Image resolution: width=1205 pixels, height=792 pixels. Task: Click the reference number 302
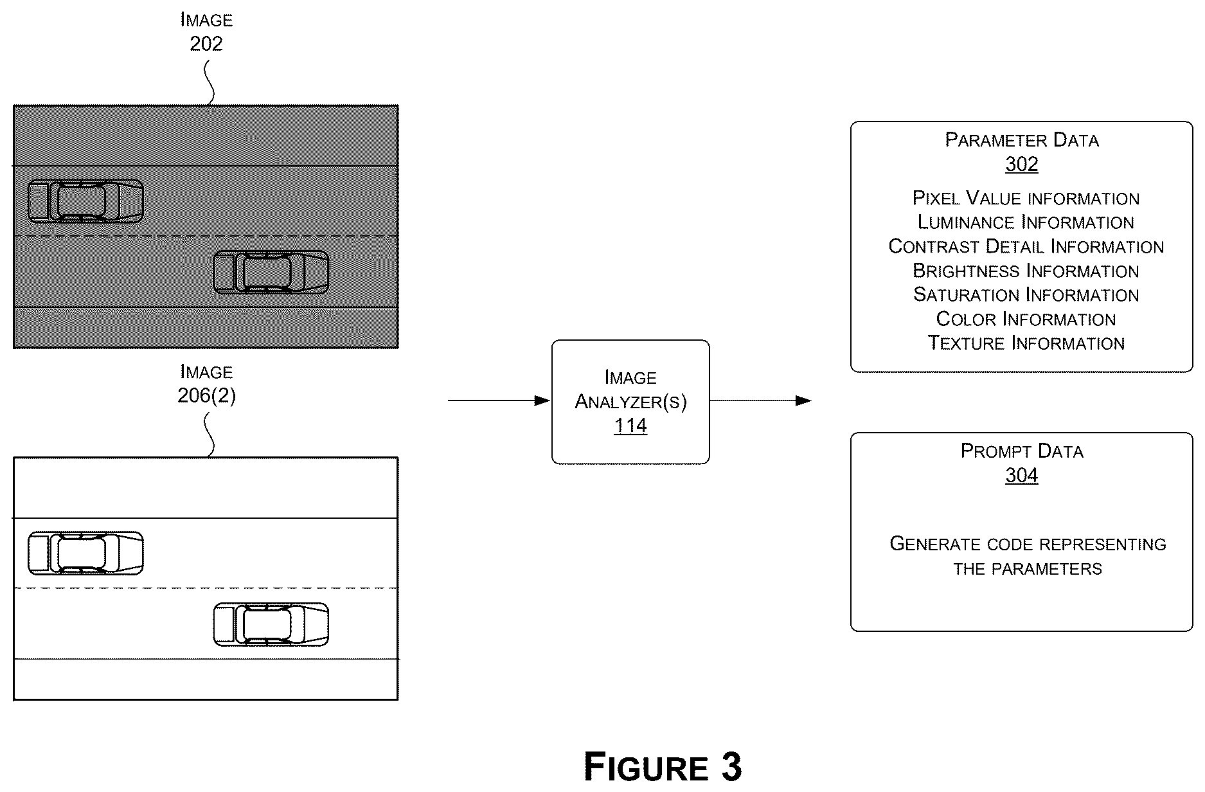tap(1021, 164)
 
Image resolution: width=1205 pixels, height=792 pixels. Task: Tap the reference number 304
tap(1021, 475)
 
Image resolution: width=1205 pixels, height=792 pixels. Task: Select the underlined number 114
tap(630, 426)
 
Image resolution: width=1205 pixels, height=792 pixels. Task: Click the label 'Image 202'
tap(206, 32)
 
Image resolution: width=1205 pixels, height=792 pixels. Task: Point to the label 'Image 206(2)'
tap(206, 384)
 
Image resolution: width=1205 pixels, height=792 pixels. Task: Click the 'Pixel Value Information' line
tap(1026, 198)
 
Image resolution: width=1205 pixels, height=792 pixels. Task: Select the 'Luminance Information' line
tap(1026, 222)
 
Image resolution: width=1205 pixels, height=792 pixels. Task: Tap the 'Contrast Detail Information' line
tap(1026, 246)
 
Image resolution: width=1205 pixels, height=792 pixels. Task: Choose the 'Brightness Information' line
tap(1026, 271)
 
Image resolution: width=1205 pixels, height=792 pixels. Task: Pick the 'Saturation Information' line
tap(1026, 294)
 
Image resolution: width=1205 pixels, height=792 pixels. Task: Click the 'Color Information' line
tap(1026, 319)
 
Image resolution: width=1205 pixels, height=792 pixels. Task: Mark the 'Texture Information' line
tap(1026, 343)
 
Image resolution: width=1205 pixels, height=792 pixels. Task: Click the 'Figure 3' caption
tap(663, 766)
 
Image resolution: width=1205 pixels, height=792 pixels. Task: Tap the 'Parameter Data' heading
tap(1022, 139)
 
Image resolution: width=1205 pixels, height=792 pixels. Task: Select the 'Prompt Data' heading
tap(1022, 451)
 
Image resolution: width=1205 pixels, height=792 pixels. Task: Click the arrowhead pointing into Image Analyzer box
tap(542, 401)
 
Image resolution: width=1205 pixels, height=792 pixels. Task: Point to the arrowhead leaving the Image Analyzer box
tap(803, 401)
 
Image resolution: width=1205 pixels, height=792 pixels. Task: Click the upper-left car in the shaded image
tap(85, 202)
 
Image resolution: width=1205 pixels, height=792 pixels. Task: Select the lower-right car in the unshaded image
tap(271, 624)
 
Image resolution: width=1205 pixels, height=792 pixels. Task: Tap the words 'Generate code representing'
tap(1028, 544)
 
